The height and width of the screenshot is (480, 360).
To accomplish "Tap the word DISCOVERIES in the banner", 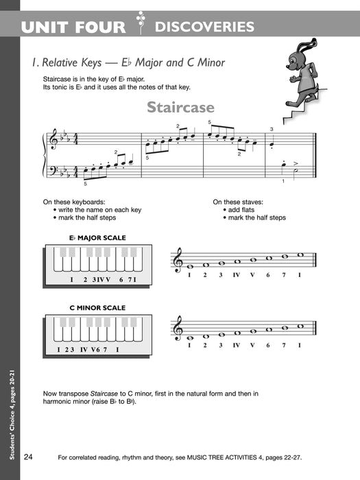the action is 204,27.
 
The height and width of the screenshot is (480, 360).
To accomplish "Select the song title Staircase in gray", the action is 180,108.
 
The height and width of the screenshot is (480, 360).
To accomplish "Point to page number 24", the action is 28,457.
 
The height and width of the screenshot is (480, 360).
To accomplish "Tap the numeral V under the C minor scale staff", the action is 252,345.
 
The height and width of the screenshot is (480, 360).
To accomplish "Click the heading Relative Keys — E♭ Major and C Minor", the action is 128,62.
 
